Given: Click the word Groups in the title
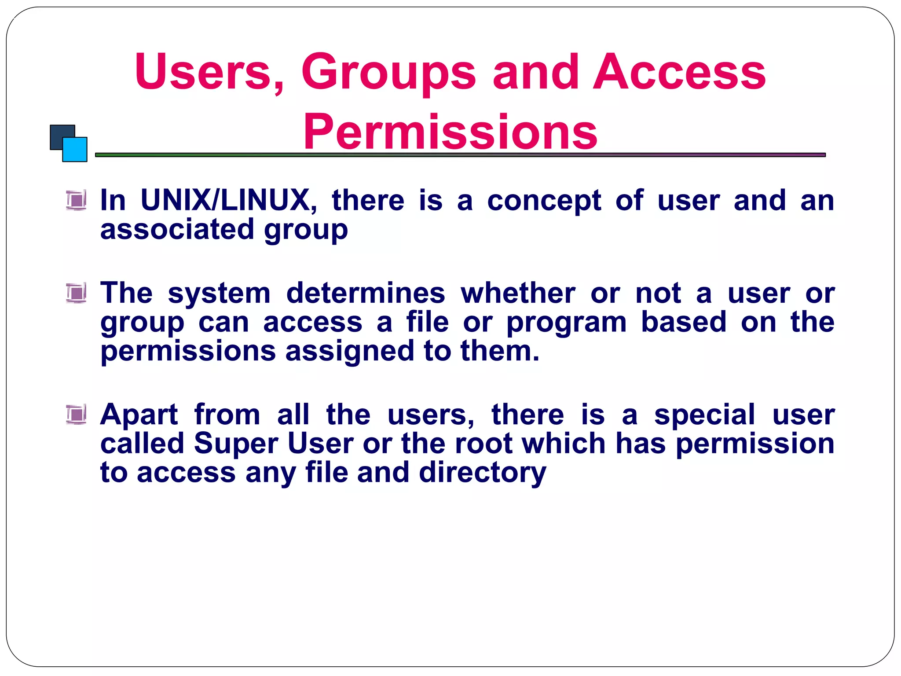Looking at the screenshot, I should (x=388, y=73).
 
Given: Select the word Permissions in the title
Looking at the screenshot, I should (x=450, y=132).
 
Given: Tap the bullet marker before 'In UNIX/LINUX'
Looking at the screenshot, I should (x=77, y=200).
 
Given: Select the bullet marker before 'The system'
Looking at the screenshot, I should (x=77, y=293).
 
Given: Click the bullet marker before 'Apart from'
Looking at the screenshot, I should (x=77, y=414).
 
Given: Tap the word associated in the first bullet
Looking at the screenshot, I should (x=177, y=230).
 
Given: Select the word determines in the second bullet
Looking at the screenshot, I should (x=366, y=293).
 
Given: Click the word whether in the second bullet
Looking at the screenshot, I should (x=518, y=293).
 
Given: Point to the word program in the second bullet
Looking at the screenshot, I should (x=567, y=323).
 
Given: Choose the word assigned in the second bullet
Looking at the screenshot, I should (x=350, y=352).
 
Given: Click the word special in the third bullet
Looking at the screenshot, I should (x=704, y=415).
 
